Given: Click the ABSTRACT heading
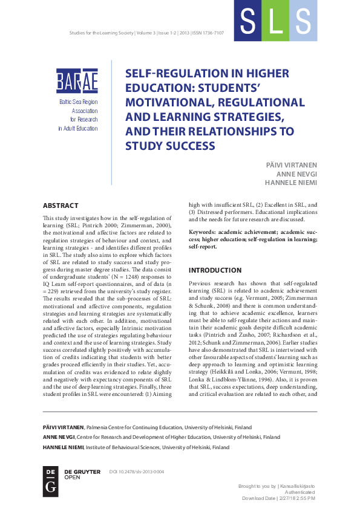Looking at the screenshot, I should [x=62, y=206].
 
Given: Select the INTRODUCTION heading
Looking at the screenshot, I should [x=215, y=270].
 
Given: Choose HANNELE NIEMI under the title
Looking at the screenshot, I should [x=292, y=183].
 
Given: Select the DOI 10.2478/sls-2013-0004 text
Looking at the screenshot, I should [x=136, y=472].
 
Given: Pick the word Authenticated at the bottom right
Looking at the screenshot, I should [x=298, y=492].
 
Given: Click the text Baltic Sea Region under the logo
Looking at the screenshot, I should [x=79, y=103].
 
